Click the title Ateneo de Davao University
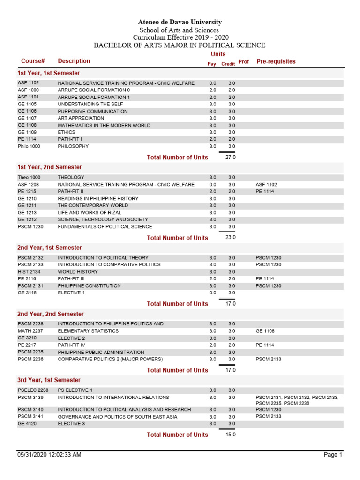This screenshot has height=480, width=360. [x=180, y=22]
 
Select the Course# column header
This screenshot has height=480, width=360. [x=33, y=61]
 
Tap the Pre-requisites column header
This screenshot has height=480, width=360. [x=276, y=61]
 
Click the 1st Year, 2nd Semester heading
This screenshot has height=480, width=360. [x=49, y=167]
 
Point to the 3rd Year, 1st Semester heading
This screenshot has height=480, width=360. [x=49, y=380]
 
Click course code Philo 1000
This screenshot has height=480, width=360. [x=29, y=146]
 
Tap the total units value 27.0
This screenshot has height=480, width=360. [x=230, y=157]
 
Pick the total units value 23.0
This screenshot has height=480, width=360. [x=230, y=238]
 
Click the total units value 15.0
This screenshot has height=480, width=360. [x=230, y=435]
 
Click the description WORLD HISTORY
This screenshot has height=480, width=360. [x=78, y=272]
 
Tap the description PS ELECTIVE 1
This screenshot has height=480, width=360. [x=75, y=390]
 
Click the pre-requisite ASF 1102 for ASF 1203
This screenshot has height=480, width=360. [x=266, y=185]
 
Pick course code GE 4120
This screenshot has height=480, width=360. [x=28, y=424]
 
